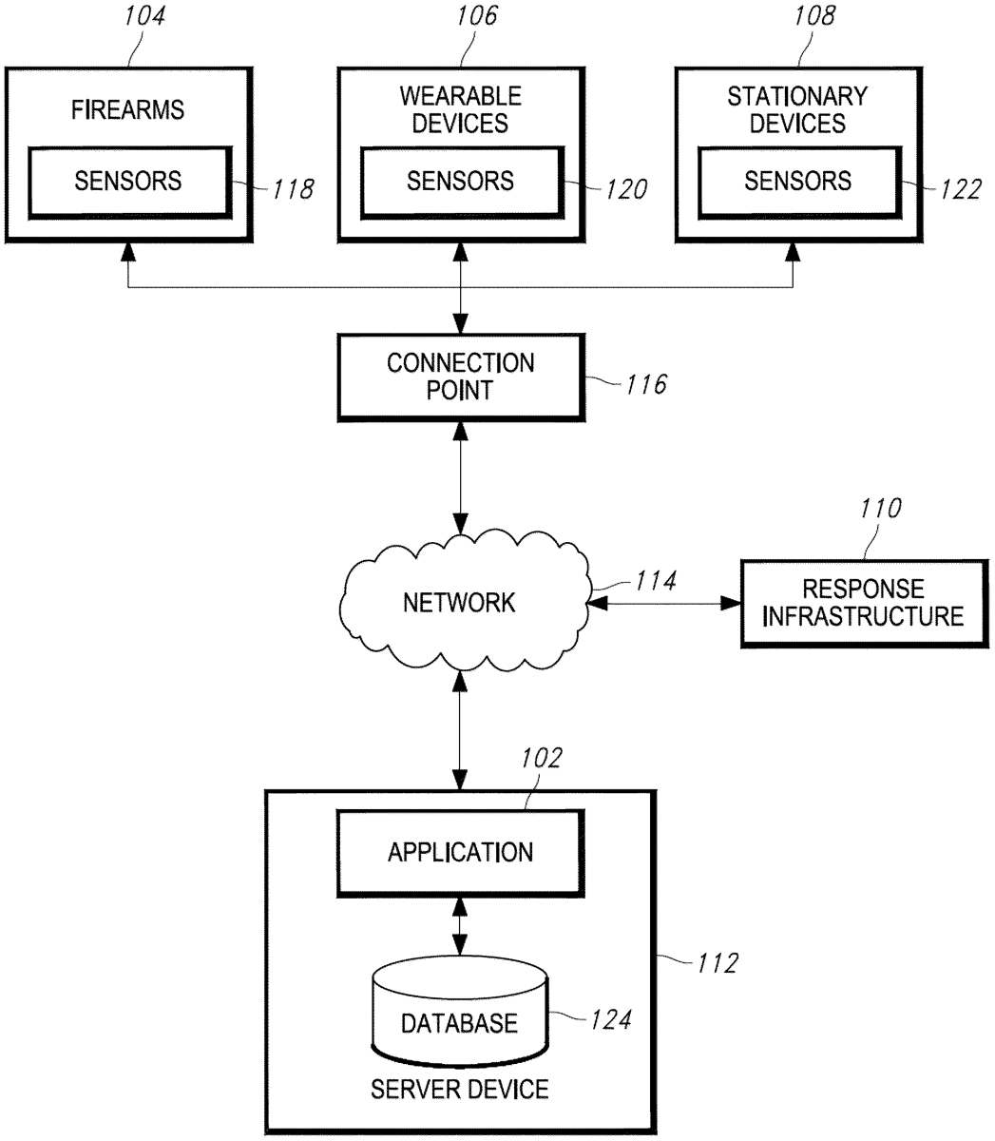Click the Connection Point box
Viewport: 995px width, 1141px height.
[460, 377]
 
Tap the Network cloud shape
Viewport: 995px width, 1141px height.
[460, 602]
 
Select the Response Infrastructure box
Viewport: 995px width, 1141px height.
[863, 603]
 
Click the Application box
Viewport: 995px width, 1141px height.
[460, 852]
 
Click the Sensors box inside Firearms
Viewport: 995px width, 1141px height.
[128, 181]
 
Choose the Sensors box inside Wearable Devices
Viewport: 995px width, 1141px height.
[460, 181]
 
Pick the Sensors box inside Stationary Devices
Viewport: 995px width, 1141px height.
[797, 181]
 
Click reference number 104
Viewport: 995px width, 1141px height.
[144, 16]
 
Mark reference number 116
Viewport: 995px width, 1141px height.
[645, 384]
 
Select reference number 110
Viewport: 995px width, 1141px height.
[879, 510]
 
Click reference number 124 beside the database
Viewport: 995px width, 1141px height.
[610, 1020]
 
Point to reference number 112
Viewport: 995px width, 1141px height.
[715, 963]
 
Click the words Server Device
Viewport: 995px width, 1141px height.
[460, 1089]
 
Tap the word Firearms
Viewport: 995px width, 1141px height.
[128, 110]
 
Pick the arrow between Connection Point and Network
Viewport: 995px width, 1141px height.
[460, 478]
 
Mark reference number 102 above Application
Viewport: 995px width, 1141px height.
[542, 759]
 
